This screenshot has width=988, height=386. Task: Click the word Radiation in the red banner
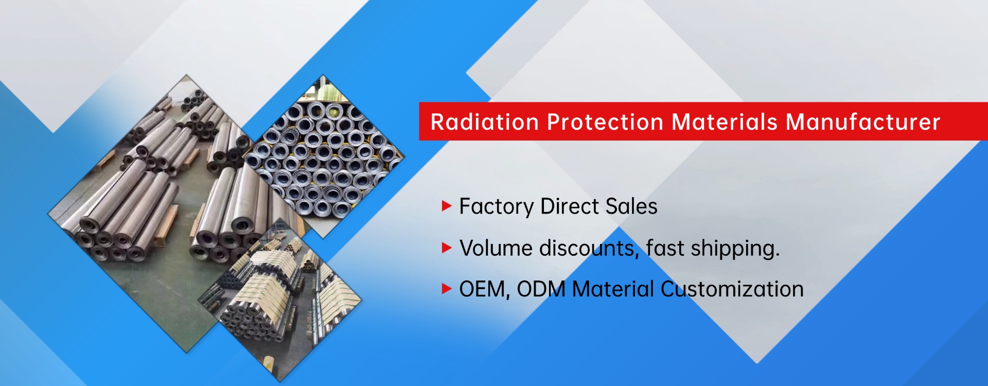pyautogui.click(x=485, y=122)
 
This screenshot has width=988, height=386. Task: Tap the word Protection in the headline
pyautogui.click(x=605, y=122)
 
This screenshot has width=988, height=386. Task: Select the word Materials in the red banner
pyautogui.click(x=725, y=122)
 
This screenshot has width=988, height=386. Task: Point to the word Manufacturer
pyautogui.click(x=863, y=122)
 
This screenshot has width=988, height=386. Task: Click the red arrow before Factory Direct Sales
pyautogui.click(x=447, y=206)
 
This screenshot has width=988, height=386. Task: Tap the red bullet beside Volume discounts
pyautogui.click(x=447, y=248)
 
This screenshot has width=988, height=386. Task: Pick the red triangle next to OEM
pyautogui.click(x=447, y=289)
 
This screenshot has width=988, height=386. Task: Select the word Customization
pyautogui.click(x=732, y=289)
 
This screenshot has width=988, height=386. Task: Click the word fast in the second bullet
pyautogui.click(x=665, y=248)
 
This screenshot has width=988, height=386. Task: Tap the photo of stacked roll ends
pyautogui.click(x=324, y=156)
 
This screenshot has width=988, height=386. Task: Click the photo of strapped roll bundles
pyautogui.click(x=280, y=300)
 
